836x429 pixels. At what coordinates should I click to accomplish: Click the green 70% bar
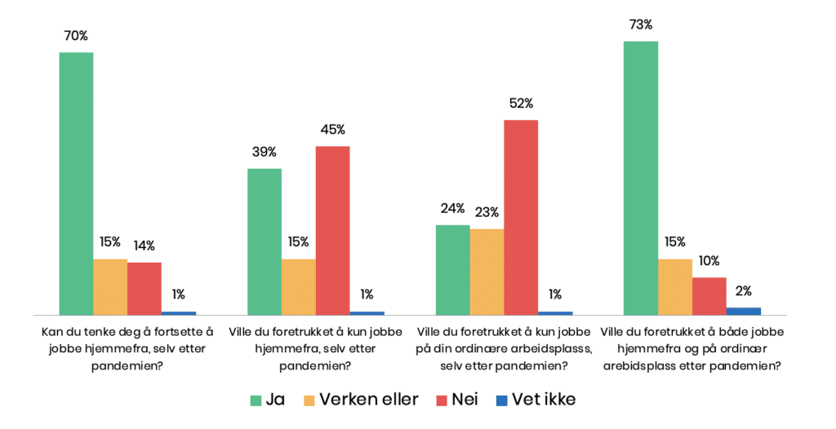[76, 184]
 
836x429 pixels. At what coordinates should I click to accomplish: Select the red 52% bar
[520, 217]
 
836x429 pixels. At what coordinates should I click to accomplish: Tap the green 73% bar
[640, 178]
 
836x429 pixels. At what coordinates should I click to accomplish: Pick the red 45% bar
[332, 230]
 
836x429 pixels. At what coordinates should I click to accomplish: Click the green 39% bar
[264, 241]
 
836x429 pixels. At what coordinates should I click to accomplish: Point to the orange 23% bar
[487, 272]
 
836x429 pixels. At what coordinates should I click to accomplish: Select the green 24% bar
[452, 269]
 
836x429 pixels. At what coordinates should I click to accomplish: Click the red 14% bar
[145, 288]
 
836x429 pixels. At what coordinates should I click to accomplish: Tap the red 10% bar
[709, 295]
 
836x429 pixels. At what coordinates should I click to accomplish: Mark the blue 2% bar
[743, 311]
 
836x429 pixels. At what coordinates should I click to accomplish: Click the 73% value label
[640, 24]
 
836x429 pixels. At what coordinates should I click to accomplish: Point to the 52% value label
[520, 104]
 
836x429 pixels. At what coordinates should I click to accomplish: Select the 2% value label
[743, 290]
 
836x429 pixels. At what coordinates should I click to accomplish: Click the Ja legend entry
[266, 400]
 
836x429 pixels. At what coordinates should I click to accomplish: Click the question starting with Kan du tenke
[127, 349]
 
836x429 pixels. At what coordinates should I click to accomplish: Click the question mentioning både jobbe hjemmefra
[691, 349]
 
